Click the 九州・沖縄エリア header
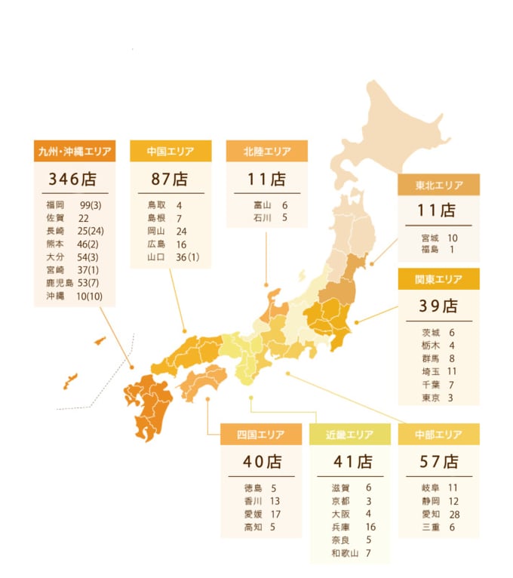coord(75,152)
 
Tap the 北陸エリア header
coord(267,152)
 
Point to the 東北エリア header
coord(438,185)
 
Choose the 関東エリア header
coord(438,279)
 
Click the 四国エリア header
coord(261,435)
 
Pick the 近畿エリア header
coord(350,435)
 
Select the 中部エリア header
coord(438,435)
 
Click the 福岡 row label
coord(55,204)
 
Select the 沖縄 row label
coord(55,295)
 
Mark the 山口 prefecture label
coord(156,257)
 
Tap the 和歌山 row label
coord(346,554)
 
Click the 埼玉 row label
coord(431,371)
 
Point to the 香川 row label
coord(253,501)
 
